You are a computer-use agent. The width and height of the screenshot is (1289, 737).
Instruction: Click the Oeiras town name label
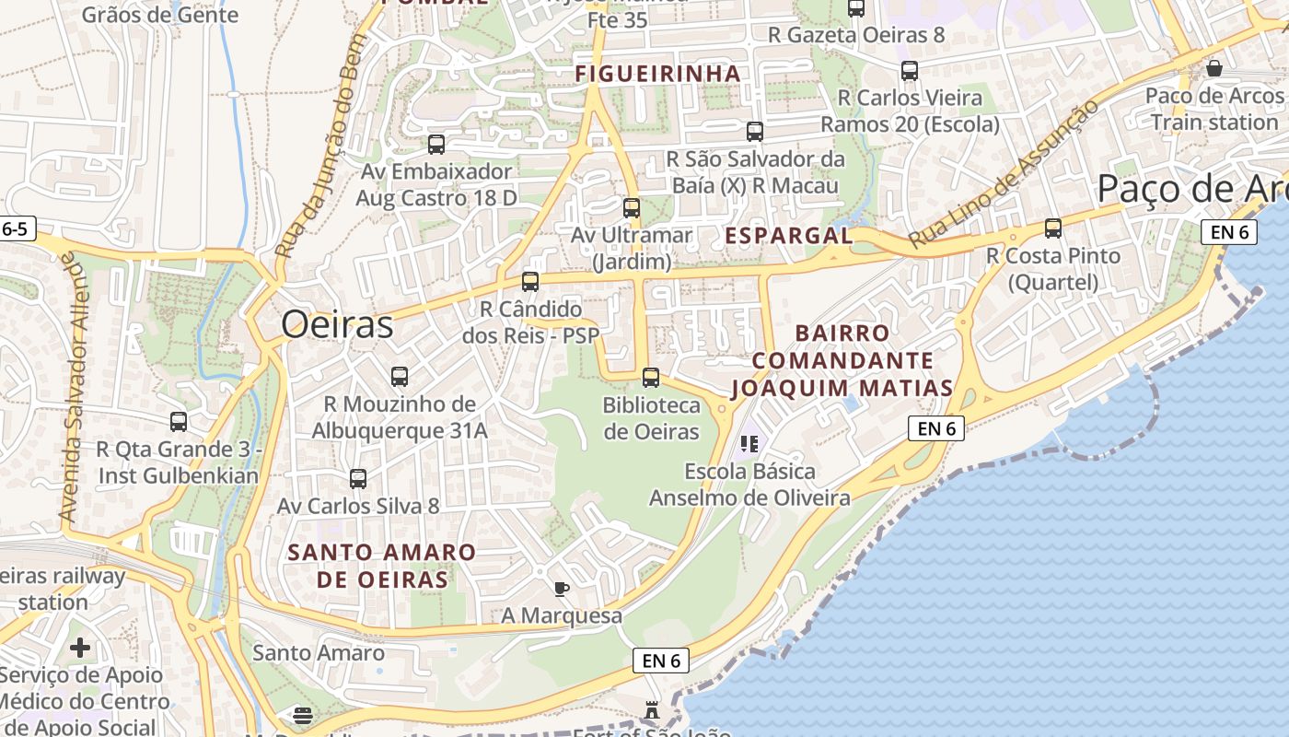[337, 324]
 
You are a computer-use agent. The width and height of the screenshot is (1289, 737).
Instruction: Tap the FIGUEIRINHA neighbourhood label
[657, 74]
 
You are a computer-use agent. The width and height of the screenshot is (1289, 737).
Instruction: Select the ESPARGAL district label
[789, 236]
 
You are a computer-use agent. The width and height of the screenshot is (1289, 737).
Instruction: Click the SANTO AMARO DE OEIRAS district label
[382, 566]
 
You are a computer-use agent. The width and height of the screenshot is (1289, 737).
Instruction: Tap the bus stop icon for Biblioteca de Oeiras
[651, 377]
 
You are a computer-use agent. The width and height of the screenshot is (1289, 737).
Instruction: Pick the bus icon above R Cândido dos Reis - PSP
[530, 282]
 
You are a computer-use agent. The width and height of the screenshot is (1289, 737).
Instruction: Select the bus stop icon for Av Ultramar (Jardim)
[632, 208]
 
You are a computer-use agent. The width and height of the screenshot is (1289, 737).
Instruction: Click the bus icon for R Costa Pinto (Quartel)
[1053, 228]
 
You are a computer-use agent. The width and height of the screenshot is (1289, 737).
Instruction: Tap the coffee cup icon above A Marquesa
[562, 589]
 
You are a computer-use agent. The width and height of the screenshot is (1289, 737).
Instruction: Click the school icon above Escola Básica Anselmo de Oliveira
[749, 444]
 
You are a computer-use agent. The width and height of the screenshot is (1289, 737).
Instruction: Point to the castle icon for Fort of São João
[652, 710]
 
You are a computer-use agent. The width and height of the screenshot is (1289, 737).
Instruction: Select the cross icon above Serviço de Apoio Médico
[80, 648]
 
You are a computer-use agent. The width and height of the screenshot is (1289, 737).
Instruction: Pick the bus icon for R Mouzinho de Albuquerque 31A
[400, 377]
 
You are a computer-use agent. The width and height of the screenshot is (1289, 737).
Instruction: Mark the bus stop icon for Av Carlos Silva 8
[358, 479]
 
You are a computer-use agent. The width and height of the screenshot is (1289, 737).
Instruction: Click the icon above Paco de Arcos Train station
[1214, 69]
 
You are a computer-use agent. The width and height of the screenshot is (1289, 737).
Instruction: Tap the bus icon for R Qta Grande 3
[179, 422]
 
